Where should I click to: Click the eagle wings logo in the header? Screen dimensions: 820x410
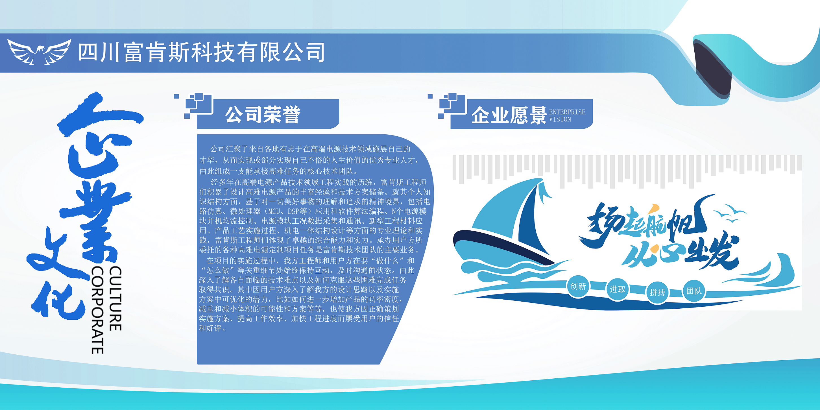39,52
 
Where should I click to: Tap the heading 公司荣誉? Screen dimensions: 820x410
263,115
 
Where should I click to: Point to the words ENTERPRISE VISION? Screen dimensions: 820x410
567,115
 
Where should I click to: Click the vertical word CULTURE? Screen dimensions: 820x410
115,298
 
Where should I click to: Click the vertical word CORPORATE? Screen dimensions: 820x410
97,310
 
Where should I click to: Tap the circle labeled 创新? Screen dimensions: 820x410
578,287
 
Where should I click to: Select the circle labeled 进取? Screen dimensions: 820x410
618,289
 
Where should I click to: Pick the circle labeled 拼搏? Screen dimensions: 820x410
657,292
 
